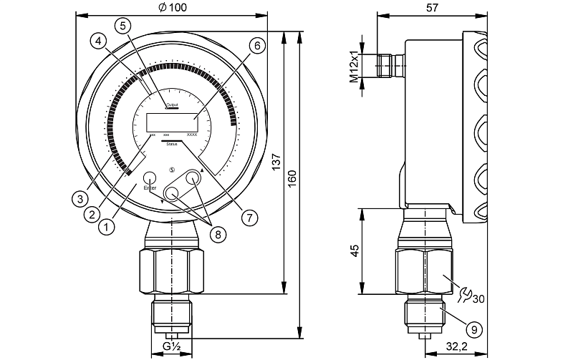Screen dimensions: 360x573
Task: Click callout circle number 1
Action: [x=107, y=228]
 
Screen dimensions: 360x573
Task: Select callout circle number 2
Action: [x=92, y=213]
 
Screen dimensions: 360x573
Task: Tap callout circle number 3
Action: [x=80, y=198]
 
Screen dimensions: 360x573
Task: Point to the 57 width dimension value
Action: [x=431, y=7]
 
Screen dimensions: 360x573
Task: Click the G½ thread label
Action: [x=171, y=346]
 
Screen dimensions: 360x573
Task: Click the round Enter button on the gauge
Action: [x=150, y=177]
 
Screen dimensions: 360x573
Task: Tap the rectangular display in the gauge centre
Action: [x=172, y=121]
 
